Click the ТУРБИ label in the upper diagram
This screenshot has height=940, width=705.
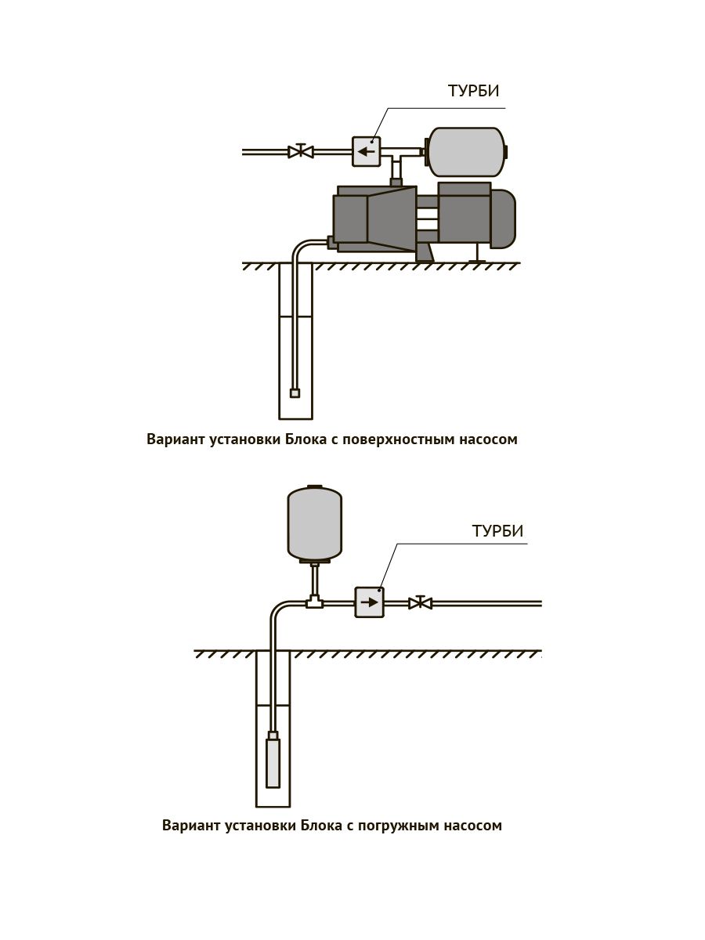tap(473, 91)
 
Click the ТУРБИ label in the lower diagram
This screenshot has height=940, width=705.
tap(497, 531)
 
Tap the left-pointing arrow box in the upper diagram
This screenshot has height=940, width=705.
tap(366, 151)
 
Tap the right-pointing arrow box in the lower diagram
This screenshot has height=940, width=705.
tap(369, 602)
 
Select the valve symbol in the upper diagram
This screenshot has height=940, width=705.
tap(301, 151)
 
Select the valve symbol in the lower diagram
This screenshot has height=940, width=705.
tap(421, 602)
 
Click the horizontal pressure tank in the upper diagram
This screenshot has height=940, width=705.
tap(465, 151)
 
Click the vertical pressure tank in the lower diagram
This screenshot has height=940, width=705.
tap(315, 522)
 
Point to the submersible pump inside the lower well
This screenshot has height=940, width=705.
tap(273, 762)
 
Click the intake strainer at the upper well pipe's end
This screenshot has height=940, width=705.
tap(295, 393)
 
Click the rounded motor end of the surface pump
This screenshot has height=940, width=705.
tap(504, 216)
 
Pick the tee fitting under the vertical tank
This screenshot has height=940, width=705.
tap(314, 602)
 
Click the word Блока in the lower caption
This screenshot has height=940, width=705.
tap(320, 826)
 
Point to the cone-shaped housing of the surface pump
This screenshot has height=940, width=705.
tap(391, 219)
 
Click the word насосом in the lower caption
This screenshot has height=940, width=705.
tap(473, 826)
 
